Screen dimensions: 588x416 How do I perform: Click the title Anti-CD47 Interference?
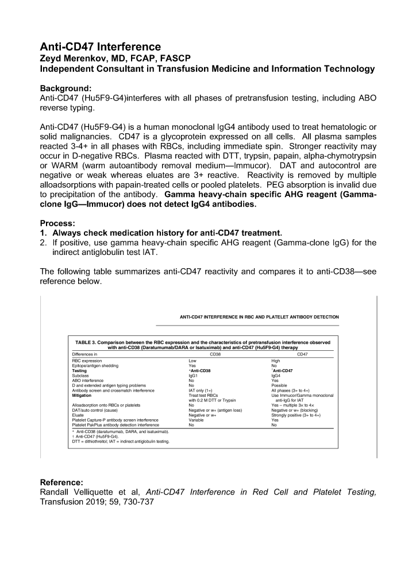100,47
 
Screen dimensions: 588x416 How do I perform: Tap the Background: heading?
66,88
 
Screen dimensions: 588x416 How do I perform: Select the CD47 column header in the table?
302,354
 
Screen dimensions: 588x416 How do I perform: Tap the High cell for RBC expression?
276,361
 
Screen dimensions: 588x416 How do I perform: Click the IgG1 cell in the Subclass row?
194,376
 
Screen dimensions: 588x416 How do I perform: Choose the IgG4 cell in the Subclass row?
276,376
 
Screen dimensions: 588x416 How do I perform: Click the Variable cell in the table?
197,420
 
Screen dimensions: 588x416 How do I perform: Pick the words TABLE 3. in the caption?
86,342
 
